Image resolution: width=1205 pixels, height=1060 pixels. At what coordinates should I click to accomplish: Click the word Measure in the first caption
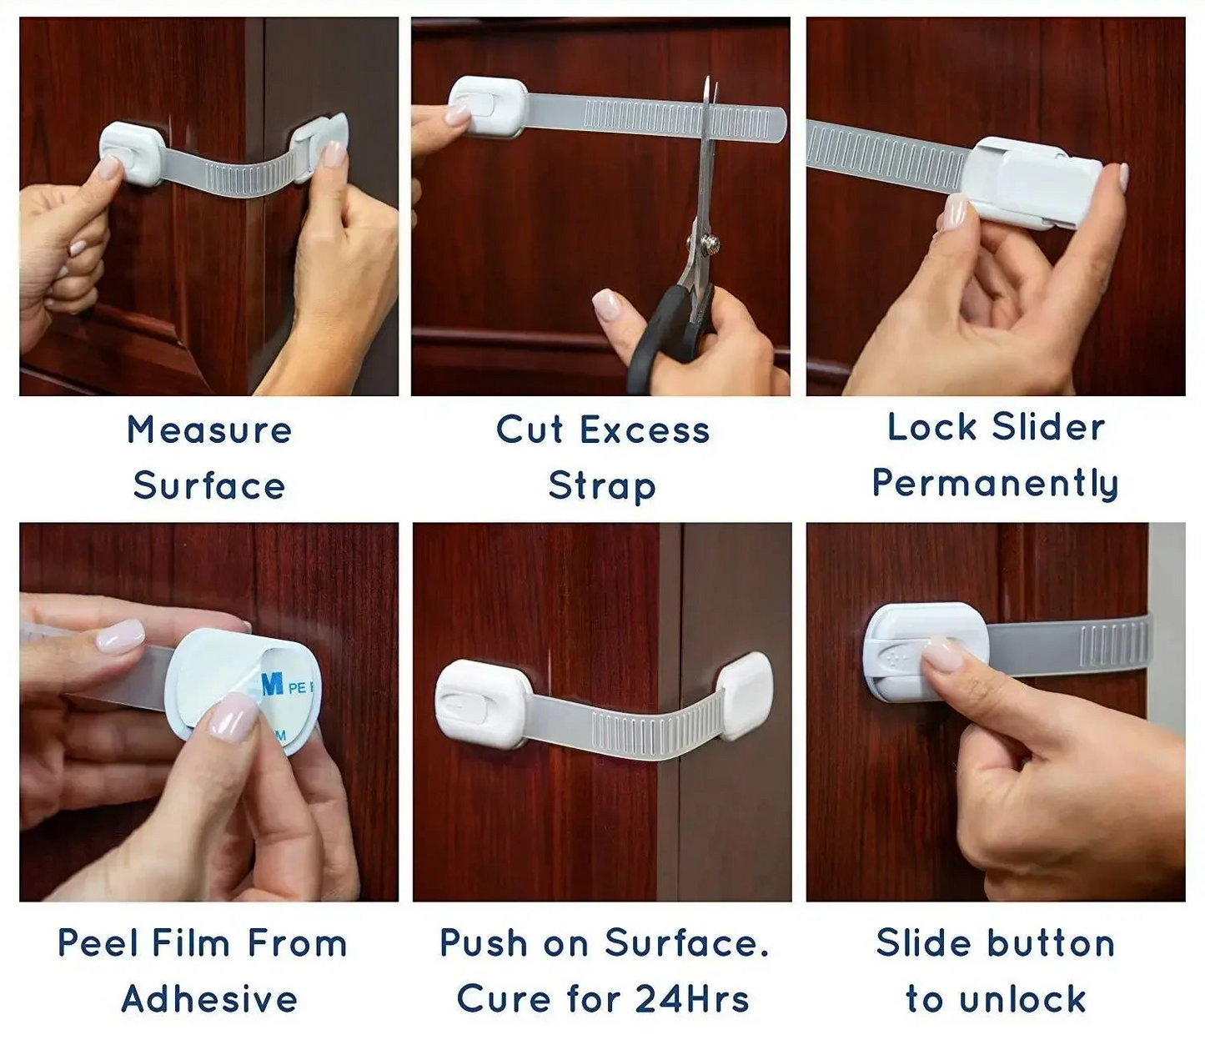209,430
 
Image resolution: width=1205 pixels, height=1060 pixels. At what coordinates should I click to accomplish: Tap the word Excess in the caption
645,430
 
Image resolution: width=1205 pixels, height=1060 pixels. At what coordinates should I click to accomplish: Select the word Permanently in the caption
995,484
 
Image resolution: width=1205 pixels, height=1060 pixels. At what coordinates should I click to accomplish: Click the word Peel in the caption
92,943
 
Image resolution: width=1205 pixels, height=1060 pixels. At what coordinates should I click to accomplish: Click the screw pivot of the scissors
710,244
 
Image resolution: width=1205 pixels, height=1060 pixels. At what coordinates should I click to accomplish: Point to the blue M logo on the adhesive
272,685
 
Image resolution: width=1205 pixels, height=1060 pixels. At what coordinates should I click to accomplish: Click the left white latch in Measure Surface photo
133,153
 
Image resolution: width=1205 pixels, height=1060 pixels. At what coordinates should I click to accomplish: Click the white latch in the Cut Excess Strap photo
487,106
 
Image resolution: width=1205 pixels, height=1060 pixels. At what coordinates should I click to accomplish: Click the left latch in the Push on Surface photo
482,703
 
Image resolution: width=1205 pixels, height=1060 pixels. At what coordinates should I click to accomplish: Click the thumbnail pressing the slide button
943,654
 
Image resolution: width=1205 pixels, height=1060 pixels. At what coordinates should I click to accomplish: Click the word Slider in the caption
1048,427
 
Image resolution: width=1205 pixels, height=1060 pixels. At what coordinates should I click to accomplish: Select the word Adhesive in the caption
209,999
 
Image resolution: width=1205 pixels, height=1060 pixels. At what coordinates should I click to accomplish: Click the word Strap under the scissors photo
602,486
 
